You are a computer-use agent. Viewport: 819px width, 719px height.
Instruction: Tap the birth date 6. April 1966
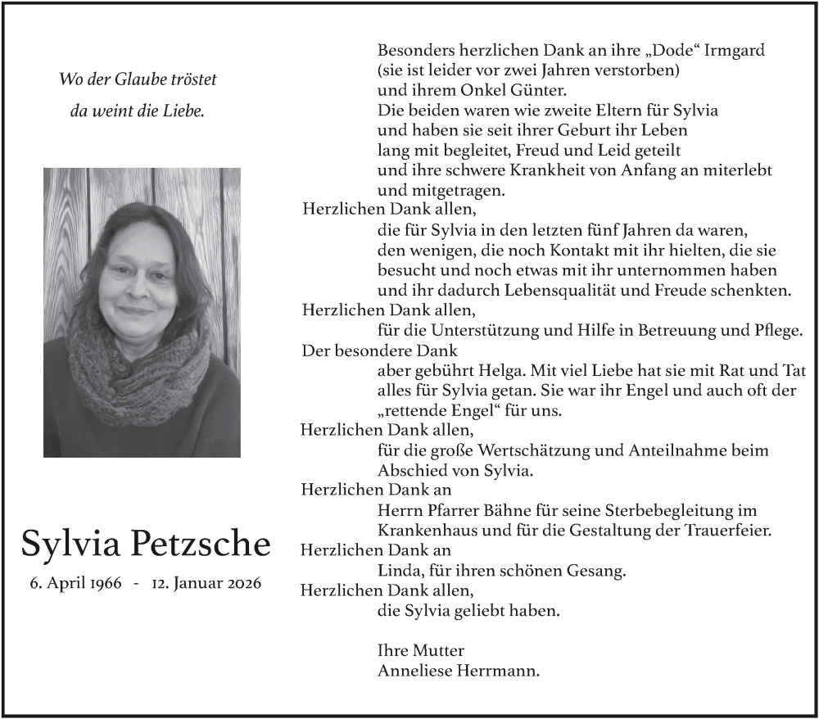pos(75,584)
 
